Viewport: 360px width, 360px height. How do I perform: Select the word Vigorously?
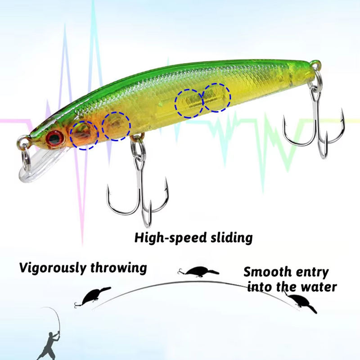coord(52,268)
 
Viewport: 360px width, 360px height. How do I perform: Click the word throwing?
coord(118,268)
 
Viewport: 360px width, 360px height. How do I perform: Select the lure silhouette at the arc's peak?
coord(198,272)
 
